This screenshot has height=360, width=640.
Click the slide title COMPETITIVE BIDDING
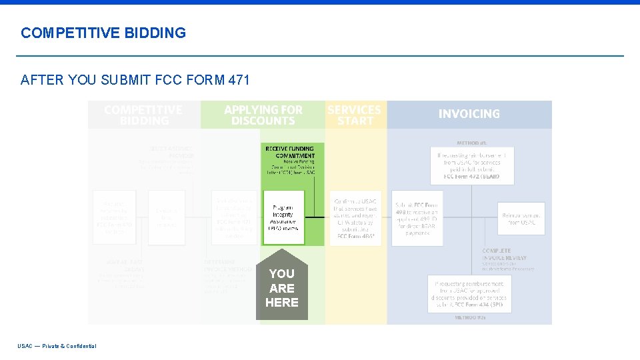point(103,33)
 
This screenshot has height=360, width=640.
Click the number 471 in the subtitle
point(239,81)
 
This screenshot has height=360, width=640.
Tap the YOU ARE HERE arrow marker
point(282,287)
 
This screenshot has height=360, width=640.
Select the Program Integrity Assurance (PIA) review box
point(283,217)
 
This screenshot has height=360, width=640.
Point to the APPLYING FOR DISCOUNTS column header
point(263,115)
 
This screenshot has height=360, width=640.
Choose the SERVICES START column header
point(355,115)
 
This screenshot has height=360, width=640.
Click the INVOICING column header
point(469,114)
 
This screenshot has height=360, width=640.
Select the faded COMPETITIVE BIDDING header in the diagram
point(143,115)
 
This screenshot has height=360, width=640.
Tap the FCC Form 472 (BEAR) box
point(471,165)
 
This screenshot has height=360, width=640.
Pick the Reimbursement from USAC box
point(521,219)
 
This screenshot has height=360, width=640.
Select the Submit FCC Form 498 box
point(417,219)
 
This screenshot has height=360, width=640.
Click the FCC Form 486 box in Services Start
point(355,217)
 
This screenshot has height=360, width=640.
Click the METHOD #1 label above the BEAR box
point(471,142)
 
